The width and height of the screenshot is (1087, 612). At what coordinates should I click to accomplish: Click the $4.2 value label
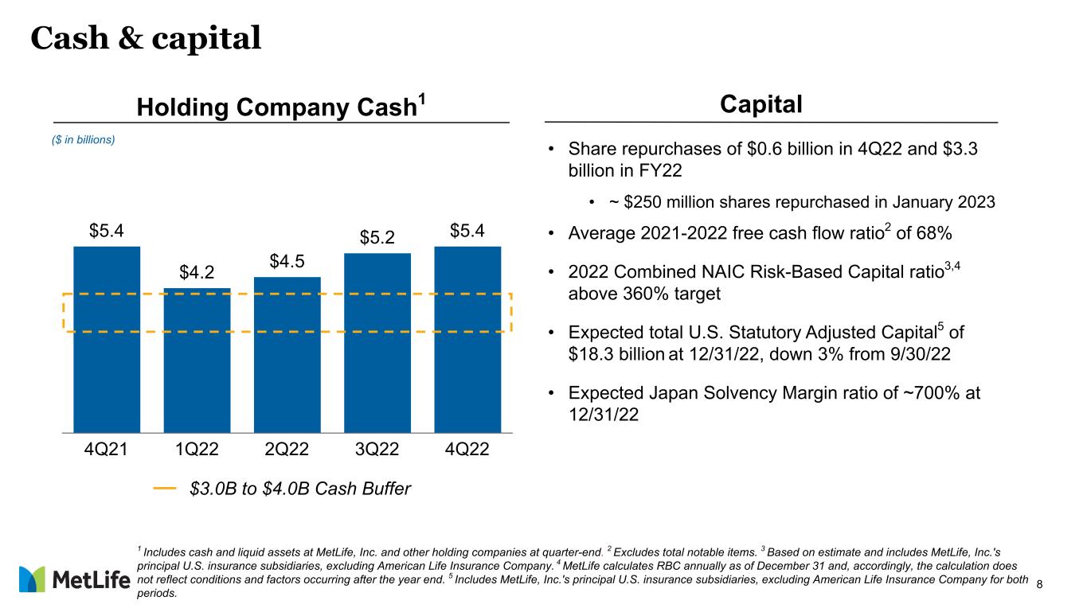pos(196,273)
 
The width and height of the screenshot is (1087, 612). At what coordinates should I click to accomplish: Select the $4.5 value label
pos(287,262)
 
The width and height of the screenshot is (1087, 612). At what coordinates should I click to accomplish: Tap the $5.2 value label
pos(377,238)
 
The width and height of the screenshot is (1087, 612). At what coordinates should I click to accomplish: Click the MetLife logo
pos(74,580)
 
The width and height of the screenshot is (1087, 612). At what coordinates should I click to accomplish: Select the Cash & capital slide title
pos(146,37)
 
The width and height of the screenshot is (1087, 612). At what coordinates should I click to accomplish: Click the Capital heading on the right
pos(761,104)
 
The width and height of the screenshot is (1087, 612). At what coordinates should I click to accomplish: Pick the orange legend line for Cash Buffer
pos(164,488)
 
